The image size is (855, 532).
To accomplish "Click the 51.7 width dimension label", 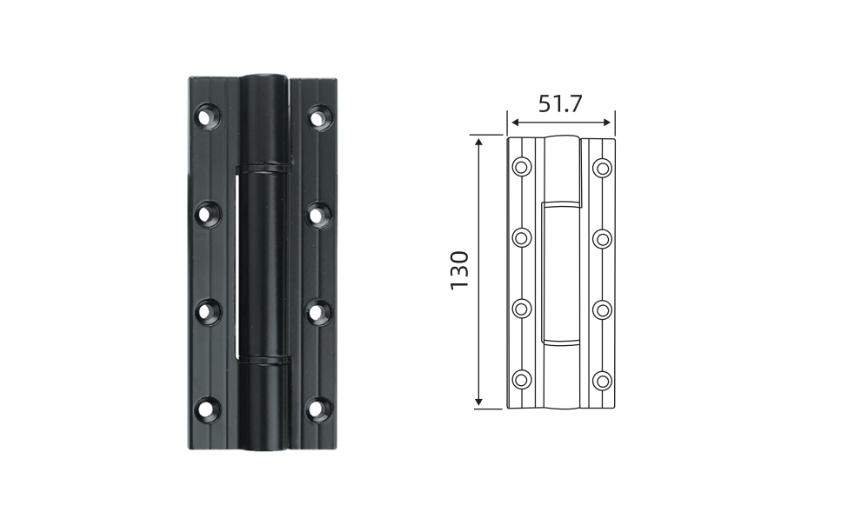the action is (x=560, y=103).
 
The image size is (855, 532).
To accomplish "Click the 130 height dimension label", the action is (x=459, y=270).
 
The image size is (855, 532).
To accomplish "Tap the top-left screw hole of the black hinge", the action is (x=208, y=116).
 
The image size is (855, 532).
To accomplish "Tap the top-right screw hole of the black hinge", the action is (x=319, y=116).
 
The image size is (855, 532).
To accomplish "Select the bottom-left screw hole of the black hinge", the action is (x=208, y=409).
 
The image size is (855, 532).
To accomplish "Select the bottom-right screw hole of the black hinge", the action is (x=319, y=409).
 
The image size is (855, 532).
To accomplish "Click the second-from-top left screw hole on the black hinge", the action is (x=208, y=214).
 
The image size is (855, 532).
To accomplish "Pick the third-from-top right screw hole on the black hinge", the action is (x=319, y=312).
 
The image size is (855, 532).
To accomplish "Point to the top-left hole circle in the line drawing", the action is (x=523, y=167).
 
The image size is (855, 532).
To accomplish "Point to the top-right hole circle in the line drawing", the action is (x=603, y=168).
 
